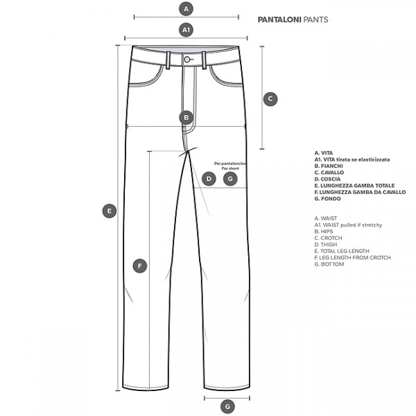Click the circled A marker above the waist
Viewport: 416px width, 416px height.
186,9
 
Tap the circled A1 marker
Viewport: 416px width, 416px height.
186,30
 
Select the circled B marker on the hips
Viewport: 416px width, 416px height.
186,118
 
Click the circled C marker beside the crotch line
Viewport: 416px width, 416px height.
270,99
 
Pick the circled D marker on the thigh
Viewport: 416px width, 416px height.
209,179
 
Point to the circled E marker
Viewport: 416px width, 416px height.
110,211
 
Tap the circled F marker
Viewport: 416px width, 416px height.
140,266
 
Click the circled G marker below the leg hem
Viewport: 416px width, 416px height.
227,406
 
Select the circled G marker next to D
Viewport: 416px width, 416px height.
230,179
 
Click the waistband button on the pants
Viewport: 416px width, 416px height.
187,60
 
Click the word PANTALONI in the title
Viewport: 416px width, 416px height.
279,19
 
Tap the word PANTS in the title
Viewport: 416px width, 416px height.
315,19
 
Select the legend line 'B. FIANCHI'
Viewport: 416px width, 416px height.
329,166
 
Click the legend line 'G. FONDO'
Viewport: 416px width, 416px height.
327,199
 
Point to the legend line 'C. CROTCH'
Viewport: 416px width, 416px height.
328,238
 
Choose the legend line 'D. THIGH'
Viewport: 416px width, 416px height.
326,245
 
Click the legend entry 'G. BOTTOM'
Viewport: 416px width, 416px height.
329,264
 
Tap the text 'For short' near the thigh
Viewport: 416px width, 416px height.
230,168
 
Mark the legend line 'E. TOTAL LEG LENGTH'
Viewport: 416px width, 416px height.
342,251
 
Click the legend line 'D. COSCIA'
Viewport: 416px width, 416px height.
327,179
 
